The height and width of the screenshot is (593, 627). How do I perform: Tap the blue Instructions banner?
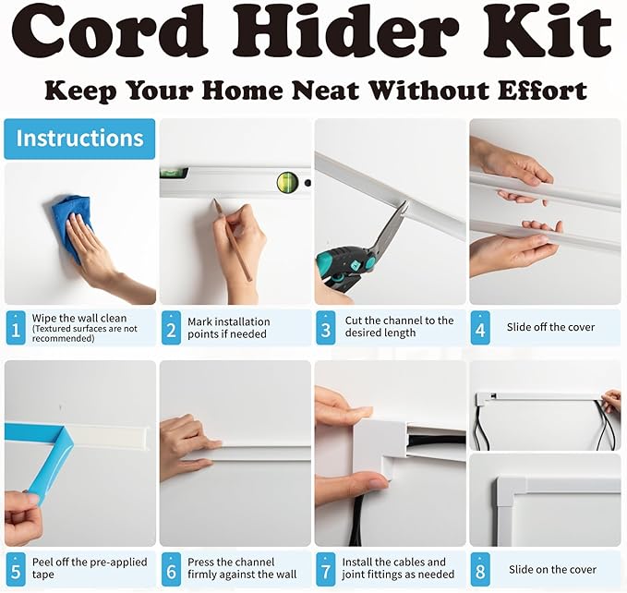click(x=79, y=139)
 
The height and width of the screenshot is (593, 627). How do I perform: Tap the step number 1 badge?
click(x=16, y=327)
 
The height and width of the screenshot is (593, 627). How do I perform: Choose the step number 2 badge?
click(x=171, y=327)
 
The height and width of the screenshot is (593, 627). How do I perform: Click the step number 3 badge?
click(x=325, y=327)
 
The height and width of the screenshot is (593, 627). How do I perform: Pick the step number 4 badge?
click(x=480, y=327)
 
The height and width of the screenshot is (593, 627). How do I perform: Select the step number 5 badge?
click(x=16, y=568)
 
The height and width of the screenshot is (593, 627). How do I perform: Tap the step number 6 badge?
click(x=171, y=568)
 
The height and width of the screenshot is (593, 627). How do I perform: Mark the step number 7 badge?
click(x=325, y=568)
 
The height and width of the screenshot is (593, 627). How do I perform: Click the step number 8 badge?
click(x=480, y=568)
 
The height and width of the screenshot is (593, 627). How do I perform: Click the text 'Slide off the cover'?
click(x=550, y=327)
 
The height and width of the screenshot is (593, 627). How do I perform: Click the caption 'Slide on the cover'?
click(x=551, y=569)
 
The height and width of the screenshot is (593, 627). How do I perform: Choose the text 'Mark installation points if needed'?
click(x=229, y=327)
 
